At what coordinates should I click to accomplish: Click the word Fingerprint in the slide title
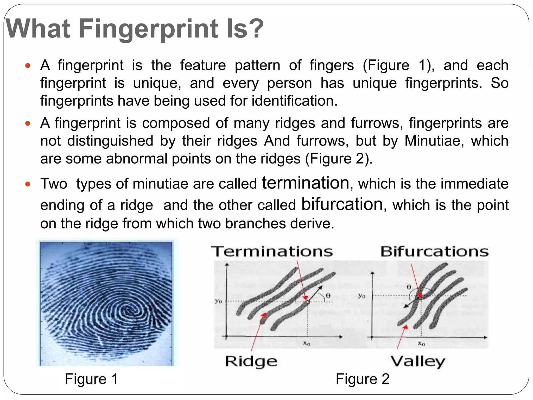(148, 29)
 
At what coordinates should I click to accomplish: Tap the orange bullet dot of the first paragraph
(28, 65)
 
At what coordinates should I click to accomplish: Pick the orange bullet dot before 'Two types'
(28, 184)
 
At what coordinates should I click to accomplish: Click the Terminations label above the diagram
(272, 252)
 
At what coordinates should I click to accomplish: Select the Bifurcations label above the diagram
(434, 252)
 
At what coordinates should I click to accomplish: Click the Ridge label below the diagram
(251, 361)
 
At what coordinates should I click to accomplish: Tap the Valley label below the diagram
(418, 361)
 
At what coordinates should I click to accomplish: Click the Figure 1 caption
(91, 379)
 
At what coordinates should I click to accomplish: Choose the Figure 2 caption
(363, 379)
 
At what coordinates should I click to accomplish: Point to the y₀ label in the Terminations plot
(218, 301)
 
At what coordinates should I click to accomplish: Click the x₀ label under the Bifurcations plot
(421, 343)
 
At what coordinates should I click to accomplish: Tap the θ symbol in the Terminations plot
(328, 296)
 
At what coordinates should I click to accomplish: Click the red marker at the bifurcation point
(419, 295)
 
